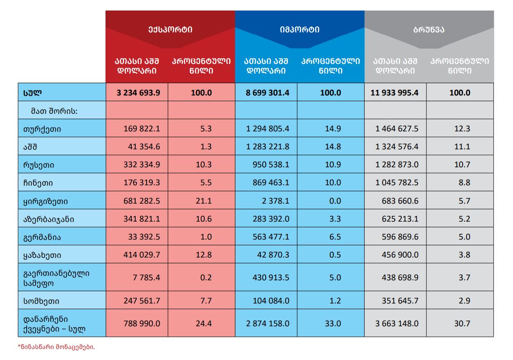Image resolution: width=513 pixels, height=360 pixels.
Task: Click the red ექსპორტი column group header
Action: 170,30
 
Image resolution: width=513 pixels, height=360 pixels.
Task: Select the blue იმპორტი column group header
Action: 299,30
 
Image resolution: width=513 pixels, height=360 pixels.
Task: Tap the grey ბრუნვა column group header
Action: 429,30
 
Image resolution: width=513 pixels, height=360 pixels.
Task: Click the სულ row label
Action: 32,92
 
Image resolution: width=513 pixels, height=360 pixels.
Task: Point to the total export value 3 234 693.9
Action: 138,92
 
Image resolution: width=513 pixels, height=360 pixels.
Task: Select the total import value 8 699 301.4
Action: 267,92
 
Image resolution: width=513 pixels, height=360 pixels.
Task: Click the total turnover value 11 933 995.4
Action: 394,92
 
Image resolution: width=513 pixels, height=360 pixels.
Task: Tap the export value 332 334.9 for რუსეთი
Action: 142,165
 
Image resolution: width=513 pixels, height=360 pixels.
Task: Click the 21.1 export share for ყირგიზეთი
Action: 204,201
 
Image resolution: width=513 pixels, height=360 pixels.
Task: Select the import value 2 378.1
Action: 275,201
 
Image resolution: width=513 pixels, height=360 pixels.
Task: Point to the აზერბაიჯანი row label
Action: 49,219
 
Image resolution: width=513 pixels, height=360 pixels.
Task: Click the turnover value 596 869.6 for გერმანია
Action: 400,236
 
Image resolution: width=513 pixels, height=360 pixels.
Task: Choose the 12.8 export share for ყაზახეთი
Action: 204,254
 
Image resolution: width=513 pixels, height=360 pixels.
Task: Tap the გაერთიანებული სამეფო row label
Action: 56,278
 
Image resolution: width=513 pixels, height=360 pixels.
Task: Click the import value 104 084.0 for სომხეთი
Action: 271,301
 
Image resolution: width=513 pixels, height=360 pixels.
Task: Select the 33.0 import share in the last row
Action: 333,324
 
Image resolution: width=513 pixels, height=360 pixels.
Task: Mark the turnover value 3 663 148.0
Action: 397,324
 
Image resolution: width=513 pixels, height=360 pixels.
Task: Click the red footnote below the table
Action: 56,347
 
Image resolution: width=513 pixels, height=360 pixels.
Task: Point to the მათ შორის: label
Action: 54,111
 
